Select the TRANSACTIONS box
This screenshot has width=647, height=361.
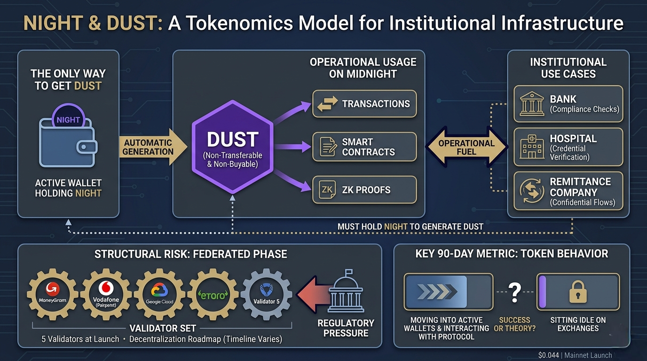[x=364, y=104]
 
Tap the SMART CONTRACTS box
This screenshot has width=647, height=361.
[x=364, y=147]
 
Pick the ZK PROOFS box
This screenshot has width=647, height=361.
[x=364, y=189]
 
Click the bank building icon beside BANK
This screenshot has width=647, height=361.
[x=532, y=104]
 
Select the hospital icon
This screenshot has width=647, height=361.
[x=532, y=147]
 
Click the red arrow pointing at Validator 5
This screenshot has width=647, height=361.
[x=312, y=295]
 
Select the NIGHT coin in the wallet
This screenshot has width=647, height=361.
[x=68, y=120]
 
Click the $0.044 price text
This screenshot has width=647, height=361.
[x=549, y=355]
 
